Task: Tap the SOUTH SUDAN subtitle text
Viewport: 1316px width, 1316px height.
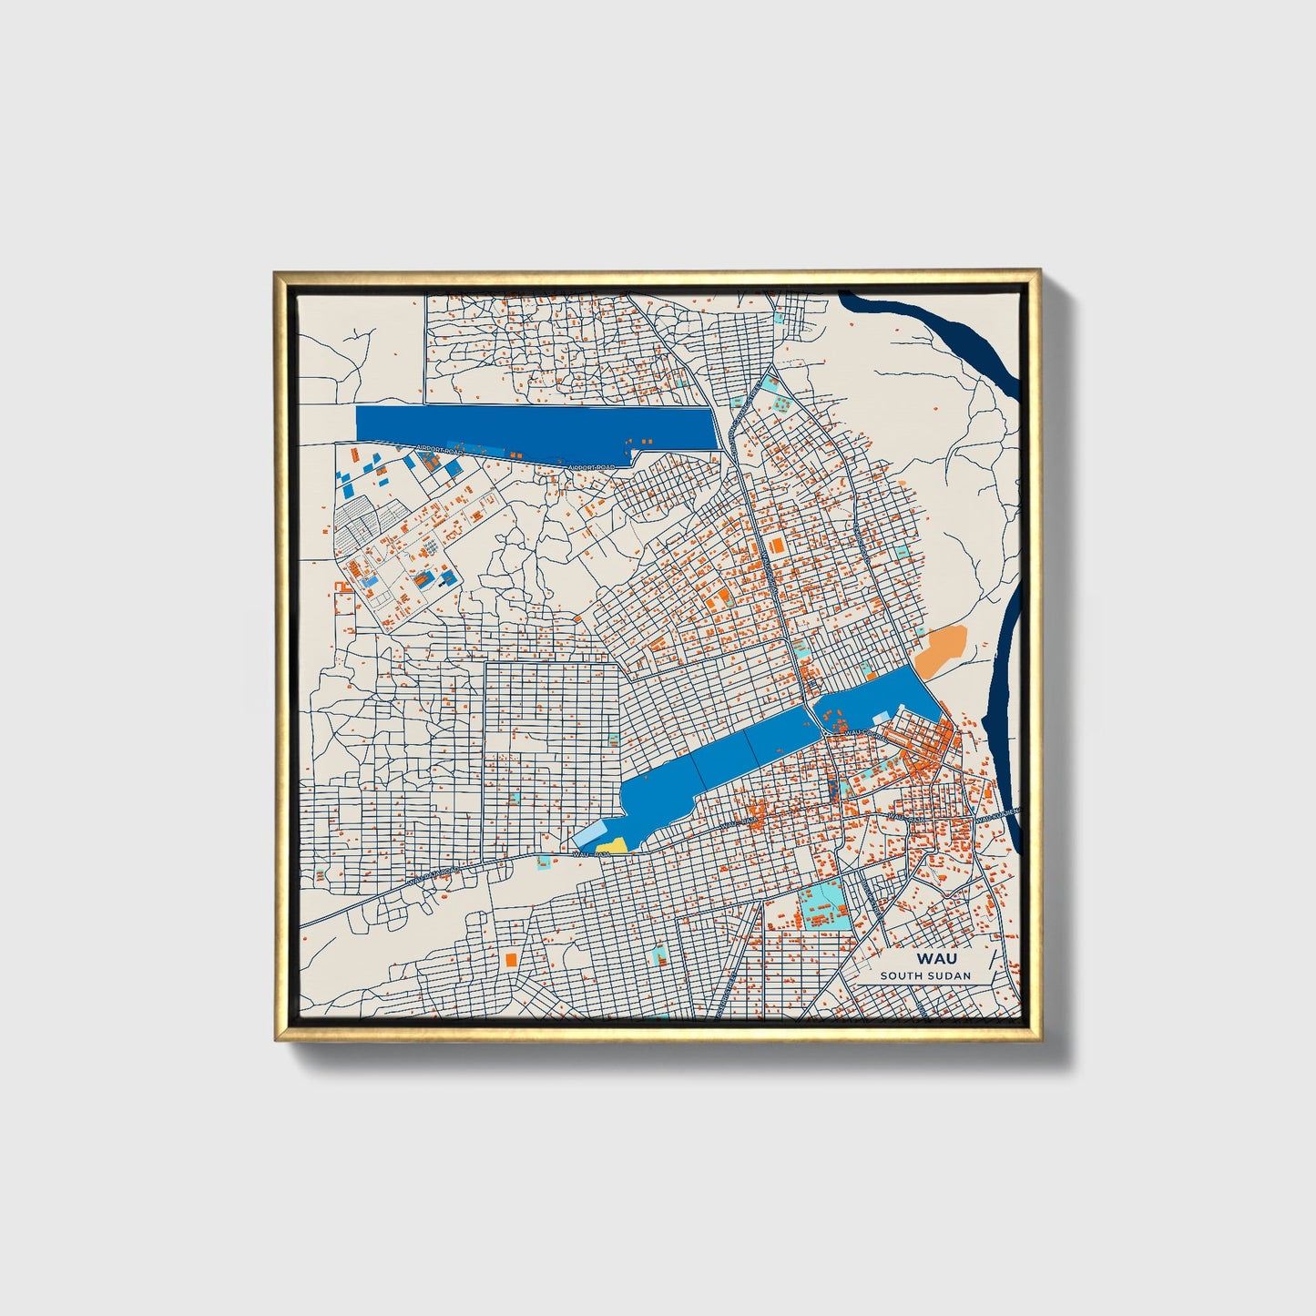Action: pyautogui.click(x=925, y=975)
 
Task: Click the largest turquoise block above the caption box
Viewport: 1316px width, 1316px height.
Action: pyautogui.click(x=824, y=905)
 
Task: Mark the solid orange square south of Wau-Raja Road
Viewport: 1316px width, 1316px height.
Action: pyautogui.click(x=511, y=959)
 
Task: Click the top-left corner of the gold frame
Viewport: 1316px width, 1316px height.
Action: pyautogui.click(x=277, y=273)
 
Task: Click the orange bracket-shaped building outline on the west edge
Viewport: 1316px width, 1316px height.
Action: pyautogui.click(x=344, y=603)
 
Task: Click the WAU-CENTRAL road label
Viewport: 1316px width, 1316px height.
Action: pyautogui.click(x=862, y=732)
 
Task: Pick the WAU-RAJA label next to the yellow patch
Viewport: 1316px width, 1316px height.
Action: pyautogui.click(x=591, y=854)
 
